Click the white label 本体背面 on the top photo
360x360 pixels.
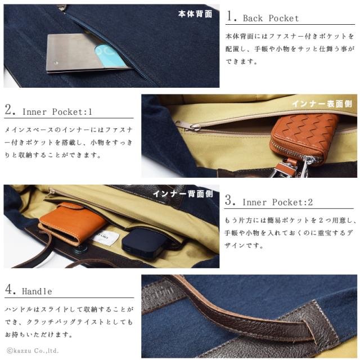tap(195, 13)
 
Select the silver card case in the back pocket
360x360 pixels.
tap(84, 54)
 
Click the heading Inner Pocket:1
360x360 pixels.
tap(57, 111)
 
